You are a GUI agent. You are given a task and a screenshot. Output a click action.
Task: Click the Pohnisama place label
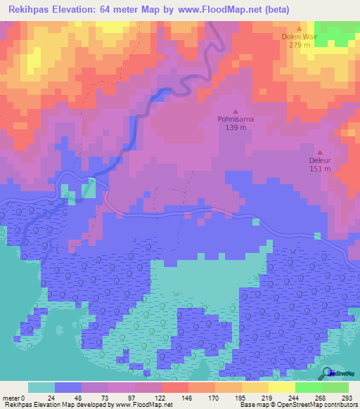point(235,119)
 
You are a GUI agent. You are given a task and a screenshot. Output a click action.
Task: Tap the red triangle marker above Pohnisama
point(235,111)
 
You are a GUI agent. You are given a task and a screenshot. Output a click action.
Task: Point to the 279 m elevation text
point(299,46)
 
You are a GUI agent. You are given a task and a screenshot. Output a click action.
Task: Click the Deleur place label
point(320,160)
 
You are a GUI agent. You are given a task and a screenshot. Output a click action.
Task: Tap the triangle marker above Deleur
point(320,151)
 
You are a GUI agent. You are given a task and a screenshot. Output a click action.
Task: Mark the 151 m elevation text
point(320,169)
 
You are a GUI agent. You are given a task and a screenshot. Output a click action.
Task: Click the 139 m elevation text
point(235,129)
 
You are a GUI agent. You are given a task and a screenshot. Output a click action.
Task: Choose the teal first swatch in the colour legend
point(41,387)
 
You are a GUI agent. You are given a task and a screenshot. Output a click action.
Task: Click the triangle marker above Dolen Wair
point(299,28)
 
